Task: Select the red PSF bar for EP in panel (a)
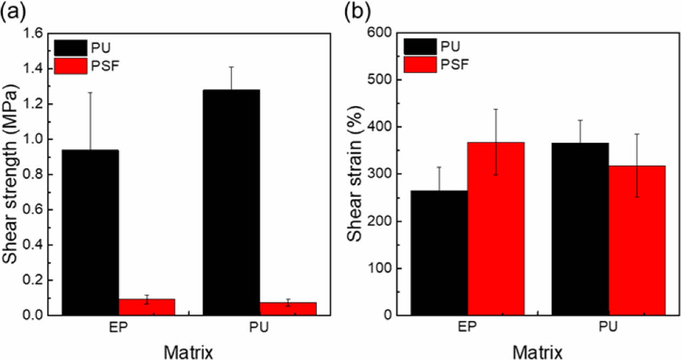(146, 306)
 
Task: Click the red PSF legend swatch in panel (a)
(70, 66)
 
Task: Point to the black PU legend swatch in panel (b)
(419, 45)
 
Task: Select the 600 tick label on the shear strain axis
(383, 33)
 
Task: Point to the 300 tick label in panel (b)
(383, 174)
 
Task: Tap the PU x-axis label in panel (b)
(608, 328)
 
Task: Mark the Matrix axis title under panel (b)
(538, 351)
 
